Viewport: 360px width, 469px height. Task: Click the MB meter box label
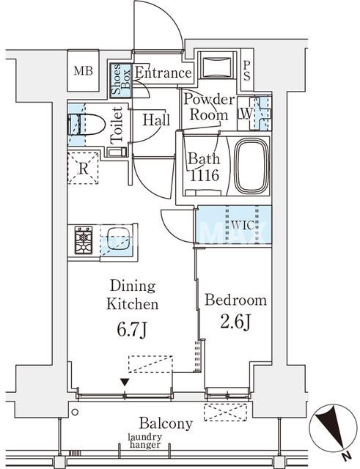[83, 71]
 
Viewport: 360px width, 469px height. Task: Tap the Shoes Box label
[120, 80]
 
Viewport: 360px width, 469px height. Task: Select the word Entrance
[163, 73]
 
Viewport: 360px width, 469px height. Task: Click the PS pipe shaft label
[247, 71]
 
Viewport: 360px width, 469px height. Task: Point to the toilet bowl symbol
[87, 125]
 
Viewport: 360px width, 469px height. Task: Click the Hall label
[156, 120]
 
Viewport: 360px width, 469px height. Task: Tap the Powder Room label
[209, 107]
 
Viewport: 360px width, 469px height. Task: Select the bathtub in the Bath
[251, 166]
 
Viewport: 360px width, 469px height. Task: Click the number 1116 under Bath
[205, 175]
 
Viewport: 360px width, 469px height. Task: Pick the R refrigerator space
[83, 169]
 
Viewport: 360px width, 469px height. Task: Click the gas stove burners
[84, 240]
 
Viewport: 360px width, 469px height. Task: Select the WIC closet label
[243, 225]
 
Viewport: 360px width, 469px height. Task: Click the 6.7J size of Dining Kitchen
[132, 330]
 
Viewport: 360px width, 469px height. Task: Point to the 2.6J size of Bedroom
[235, 322]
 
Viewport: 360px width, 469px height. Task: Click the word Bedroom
[236, 300]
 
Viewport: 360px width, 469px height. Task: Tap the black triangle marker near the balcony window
[125, 383]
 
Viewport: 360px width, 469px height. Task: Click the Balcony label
[166, 424]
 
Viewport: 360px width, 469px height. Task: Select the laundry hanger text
[145, 441]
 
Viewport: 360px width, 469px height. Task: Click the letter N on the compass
[347, 457]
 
